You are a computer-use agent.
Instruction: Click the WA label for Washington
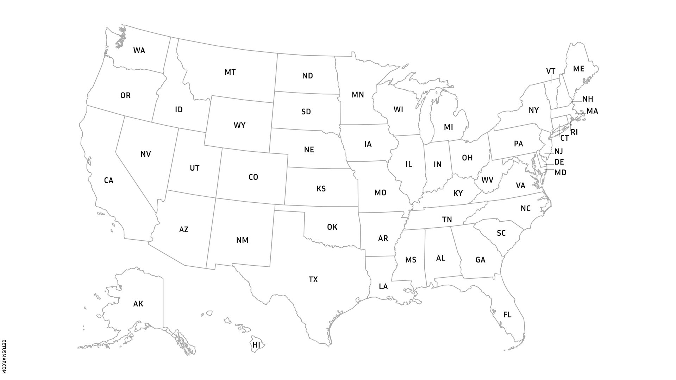pos(139,51)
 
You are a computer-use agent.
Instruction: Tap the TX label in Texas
pos(313,280)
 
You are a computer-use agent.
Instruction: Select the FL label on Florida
pos(507,315)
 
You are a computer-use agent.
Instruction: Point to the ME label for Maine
pos(578,69)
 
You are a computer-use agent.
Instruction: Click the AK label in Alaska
pos(138,304)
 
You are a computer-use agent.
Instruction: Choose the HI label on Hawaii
pos(256,345)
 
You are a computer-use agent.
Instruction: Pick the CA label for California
pos(108,181)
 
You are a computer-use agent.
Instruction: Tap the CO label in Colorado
pos(253,177)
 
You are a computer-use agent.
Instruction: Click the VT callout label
pos(551,71)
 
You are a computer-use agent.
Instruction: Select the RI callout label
pos(574,133)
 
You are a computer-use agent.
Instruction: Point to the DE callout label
pos(559,162)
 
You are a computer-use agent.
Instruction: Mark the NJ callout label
pos(558,152)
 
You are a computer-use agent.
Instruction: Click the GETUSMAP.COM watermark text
pos(4,357)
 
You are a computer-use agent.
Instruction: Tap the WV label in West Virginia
pos(487,180)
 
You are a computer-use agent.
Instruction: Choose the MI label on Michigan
pos(448,127)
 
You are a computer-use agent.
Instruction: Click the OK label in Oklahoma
pos(332,227)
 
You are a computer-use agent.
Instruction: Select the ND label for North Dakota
pos(307,76)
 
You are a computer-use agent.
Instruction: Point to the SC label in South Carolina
pos(501,233)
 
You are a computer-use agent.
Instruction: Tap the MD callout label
pos(560,173)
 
